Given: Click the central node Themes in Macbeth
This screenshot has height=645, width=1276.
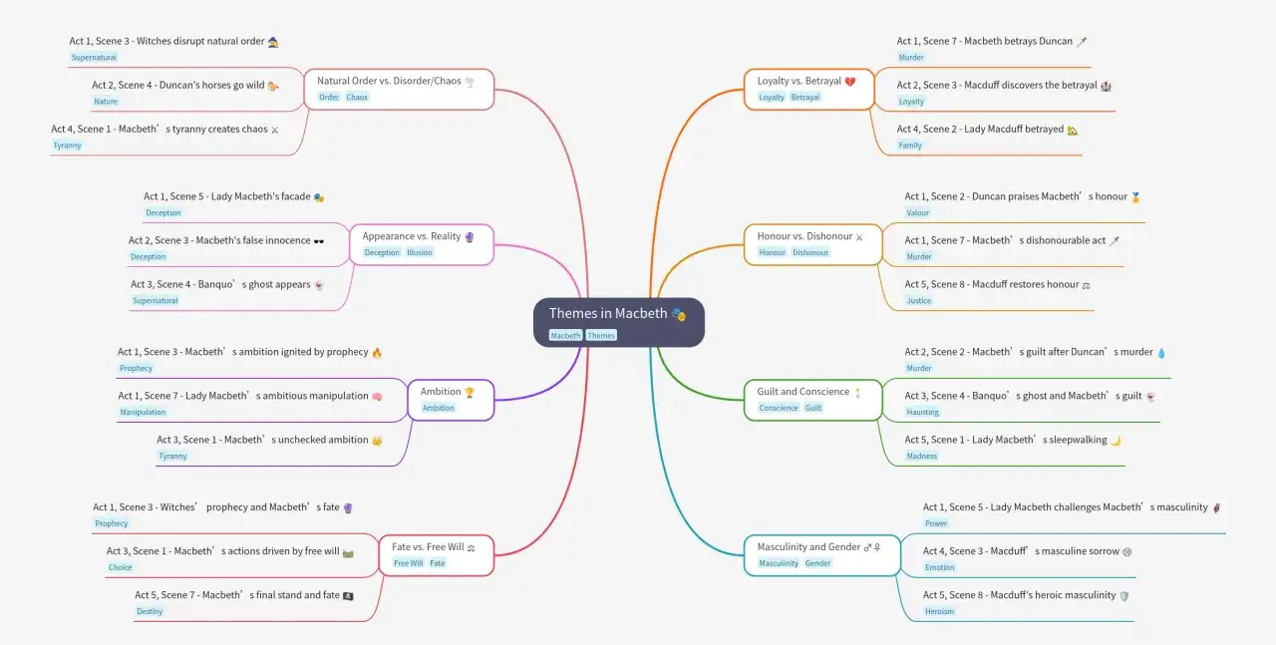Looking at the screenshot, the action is (x=619, y=322).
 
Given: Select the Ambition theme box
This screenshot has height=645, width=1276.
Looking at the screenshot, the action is (x=451, y=400).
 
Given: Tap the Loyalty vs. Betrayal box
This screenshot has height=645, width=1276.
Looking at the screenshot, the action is (x=808, y=89).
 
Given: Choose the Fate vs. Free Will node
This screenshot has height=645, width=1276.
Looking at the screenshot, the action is (x=437, y=555).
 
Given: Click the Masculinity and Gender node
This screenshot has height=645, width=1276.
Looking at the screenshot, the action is (x=822, y=555).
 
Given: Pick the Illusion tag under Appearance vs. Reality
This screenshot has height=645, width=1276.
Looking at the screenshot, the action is (x=420, y=252).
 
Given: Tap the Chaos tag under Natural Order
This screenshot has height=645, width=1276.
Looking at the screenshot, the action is (x=357, y=97).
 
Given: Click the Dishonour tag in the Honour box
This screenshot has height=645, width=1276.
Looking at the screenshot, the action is (x=810, y=252).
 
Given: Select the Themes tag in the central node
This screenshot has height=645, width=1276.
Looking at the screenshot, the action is (x=601, y=336).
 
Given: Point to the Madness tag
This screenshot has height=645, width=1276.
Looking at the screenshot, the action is (x=921, y=456).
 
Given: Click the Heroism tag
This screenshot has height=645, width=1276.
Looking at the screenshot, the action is (x=939, y=611).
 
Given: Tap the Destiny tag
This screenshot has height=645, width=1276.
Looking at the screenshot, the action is (x=150, y=611).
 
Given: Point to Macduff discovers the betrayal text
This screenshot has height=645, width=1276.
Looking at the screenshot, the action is (x=997, y=85).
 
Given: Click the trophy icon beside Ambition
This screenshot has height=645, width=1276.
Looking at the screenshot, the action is (x=470, y=392).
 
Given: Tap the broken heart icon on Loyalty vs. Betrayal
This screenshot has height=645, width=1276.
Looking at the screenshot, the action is (x=850, y=82).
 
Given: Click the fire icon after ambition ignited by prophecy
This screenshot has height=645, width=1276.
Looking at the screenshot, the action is (x=377, y=353).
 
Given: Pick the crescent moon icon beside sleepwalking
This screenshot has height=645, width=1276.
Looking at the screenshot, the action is (x=1116, y=441).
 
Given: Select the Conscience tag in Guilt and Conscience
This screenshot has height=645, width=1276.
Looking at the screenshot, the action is (x=779, y=408).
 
